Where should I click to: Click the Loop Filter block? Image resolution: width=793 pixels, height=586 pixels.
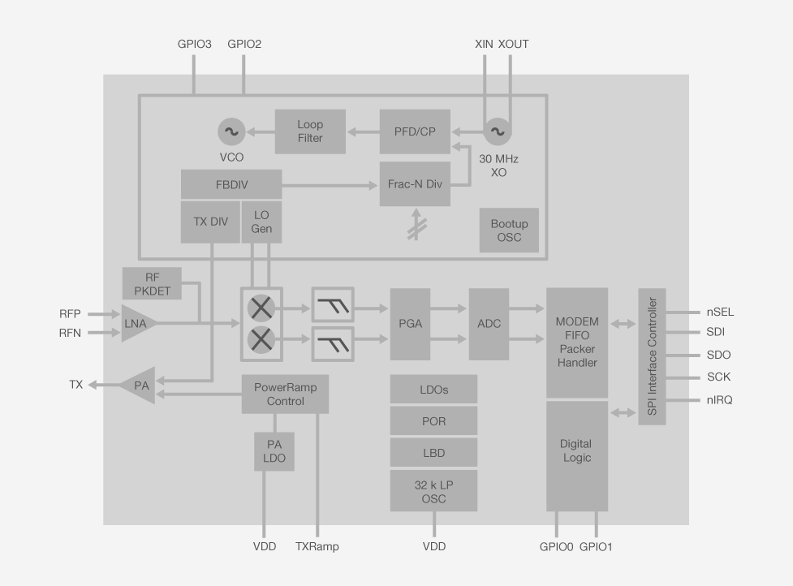point(310,131)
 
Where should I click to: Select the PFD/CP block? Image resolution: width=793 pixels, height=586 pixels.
point(415,131)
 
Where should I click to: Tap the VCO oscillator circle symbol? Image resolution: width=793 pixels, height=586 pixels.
point(231,131)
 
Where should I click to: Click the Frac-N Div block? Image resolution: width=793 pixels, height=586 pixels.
point(415,183)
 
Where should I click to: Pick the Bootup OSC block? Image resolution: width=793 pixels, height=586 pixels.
point(509,231)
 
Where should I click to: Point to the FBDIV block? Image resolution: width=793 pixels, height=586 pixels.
point(231,183)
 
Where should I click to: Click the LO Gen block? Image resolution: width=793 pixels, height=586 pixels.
point(261,222)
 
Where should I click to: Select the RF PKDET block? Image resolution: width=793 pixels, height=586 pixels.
point(152,283)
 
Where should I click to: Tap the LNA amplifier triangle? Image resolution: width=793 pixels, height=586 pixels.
point(136,323)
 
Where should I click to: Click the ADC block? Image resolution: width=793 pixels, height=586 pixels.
point(489,324)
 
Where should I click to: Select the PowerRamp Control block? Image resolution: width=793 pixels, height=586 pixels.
point(285,394)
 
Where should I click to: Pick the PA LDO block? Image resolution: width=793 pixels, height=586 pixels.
point(274,451)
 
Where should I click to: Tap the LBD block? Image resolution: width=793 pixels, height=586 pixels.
point(433,452)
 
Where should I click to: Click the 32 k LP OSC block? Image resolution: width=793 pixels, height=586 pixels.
point(433,491)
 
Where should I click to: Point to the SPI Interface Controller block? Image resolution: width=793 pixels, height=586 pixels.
point(652,356)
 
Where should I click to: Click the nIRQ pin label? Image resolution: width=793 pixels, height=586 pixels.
point(718,400)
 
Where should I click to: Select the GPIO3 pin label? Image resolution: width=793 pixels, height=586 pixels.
point(195,44)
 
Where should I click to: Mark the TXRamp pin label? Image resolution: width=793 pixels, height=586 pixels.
point(317,546)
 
